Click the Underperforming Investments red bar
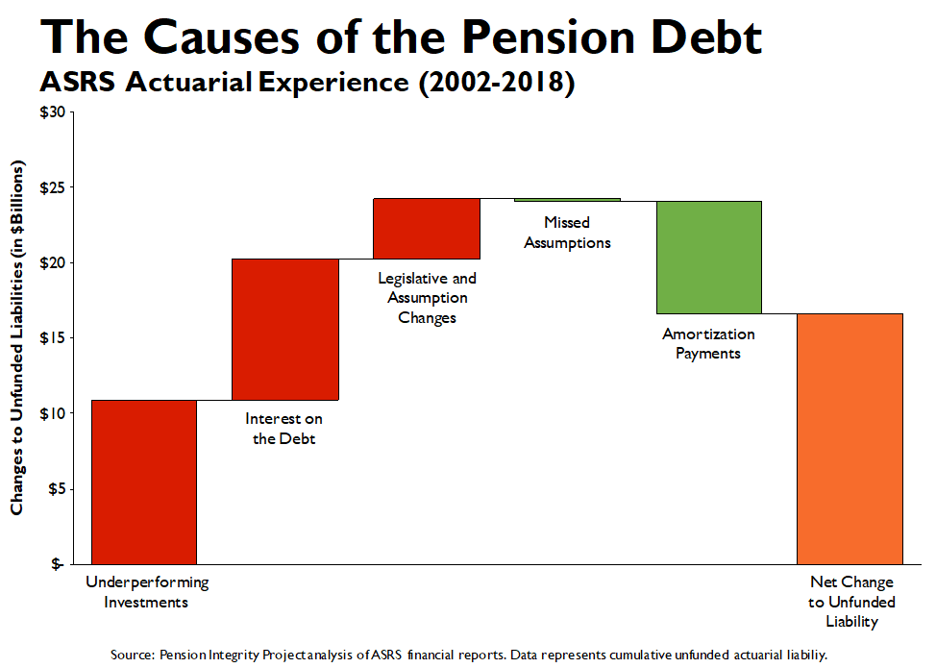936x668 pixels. coord(144,482)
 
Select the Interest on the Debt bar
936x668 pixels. coord(285,329)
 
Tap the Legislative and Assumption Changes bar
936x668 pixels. coord(427,228)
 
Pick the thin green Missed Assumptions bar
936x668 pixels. coord(567,200)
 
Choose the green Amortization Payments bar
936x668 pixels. coord(709,257)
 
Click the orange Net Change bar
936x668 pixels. coord(850,438)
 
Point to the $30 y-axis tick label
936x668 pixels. coord(52,112)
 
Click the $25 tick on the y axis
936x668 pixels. coord(52,187)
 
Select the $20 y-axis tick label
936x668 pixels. coord(52,262)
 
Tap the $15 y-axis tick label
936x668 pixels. coord(52,338)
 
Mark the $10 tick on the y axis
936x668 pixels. coord(52,413)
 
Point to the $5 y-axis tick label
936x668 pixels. coord(55,488)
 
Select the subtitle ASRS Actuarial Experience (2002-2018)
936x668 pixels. coord(307,83)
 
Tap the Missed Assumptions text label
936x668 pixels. coord(567,233)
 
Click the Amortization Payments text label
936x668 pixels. coord(708,343)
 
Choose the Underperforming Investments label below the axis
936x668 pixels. coord(147,592)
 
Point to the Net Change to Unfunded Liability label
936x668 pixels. coord(851,602)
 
